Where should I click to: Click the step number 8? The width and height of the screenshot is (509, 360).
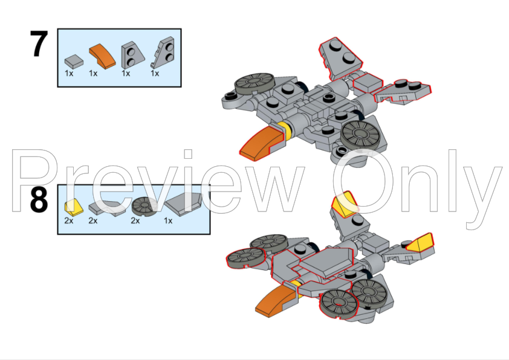(x=39, y=201)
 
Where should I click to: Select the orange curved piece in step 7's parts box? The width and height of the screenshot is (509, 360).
(x=102, y=57)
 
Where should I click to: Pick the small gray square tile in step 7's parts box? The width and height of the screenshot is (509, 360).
(x=74, y=60)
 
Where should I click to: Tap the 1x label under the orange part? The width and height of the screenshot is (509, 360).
(x=93, y=73)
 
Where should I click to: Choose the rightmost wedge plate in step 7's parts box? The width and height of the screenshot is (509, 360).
(x=161, y=54)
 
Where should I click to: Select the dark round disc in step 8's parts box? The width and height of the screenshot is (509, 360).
(x=144, y=207)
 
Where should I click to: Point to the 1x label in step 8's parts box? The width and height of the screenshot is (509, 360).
(x=168, y=220)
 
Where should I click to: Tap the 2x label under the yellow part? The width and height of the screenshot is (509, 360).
(x=69, y=220)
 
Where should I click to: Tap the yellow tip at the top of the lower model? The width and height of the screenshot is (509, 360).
(x=344, y=204)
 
